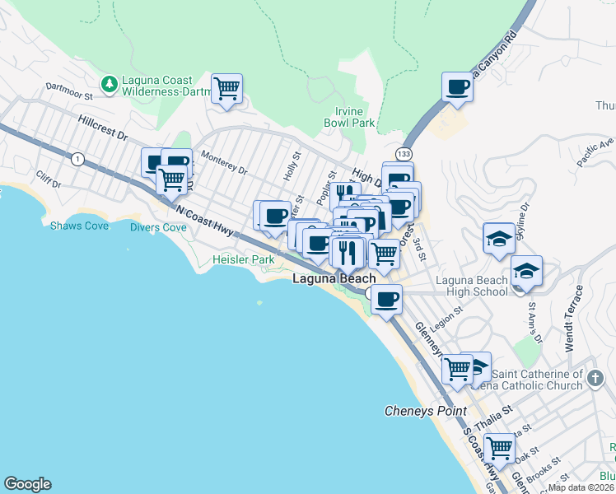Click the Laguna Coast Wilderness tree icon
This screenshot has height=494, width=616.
pos(109,84)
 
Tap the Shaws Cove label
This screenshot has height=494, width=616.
pos(79,226)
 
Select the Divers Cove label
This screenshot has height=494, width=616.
pos(158,227)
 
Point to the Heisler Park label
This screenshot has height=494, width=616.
pos(243,259)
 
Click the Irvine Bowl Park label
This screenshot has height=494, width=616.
pos(355,117)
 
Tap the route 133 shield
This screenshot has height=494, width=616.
pos(404,154)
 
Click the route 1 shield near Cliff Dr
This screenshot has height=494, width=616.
pos(77,159)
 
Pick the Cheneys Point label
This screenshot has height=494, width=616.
pos(426,411)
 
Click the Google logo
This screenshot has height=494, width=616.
pos(27,484)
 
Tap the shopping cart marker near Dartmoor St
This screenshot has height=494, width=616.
pos(226,88)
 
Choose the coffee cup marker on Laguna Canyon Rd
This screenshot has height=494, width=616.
pos(457,86)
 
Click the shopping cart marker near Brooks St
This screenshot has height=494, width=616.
pos(499,449)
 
